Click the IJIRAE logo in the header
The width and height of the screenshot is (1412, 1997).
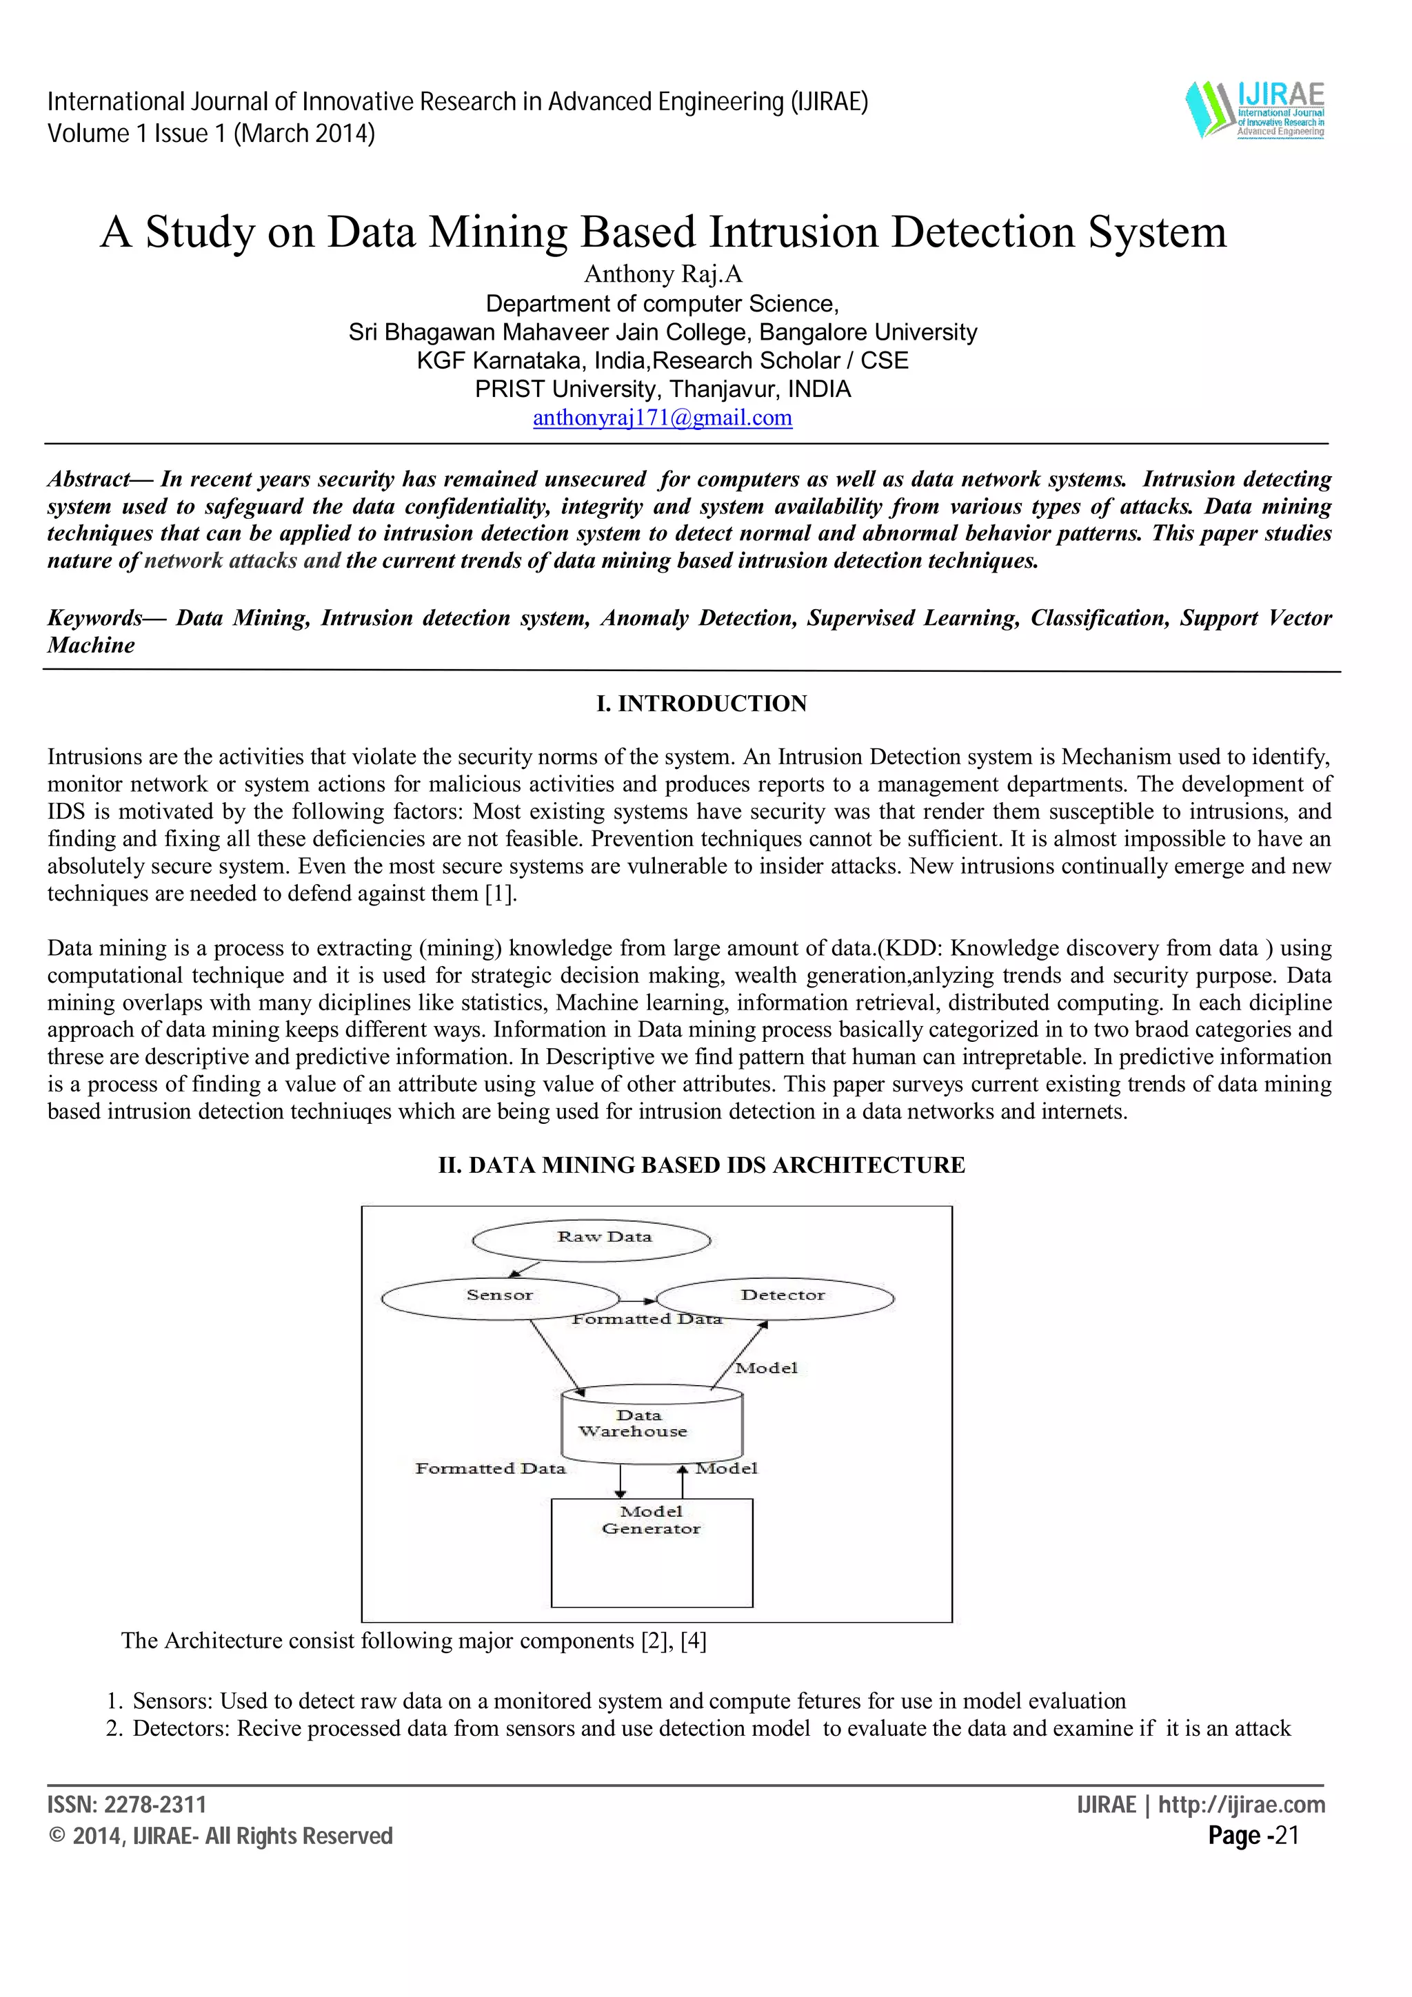(1255, 110)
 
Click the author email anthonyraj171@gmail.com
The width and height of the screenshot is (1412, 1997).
(662, 418)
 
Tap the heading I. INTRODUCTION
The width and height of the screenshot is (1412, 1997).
(701, 703)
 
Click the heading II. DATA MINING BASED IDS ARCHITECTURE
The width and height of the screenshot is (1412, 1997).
(701, 1165)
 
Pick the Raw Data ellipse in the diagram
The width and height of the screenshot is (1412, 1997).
(592, 1240)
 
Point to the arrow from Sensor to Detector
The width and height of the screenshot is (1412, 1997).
(638, 1301)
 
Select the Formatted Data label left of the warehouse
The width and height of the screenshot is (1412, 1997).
(490, 1469)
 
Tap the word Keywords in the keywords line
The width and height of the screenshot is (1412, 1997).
(94, 618)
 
